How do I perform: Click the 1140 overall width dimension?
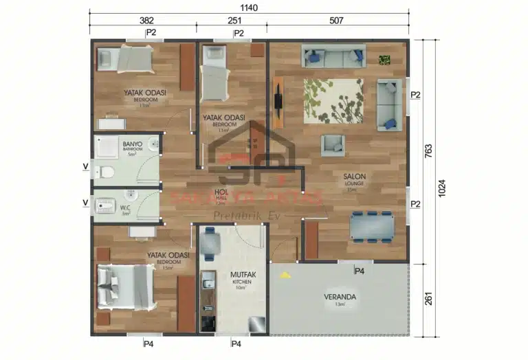click(250, 6)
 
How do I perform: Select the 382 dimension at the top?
click(146, 21)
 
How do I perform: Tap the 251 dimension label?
click(232, 21)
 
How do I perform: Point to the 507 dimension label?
click(337, 21)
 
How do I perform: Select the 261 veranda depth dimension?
click(428, 299)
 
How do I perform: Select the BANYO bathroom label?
click(133, 145)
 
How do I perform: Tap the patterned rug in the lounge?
click(333, 100)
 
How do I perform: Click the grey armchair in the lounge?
click(333, 145)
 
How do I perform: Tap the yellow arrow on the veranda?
click(283, 274)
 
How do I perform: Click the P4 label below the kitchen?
click(236, 343)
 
